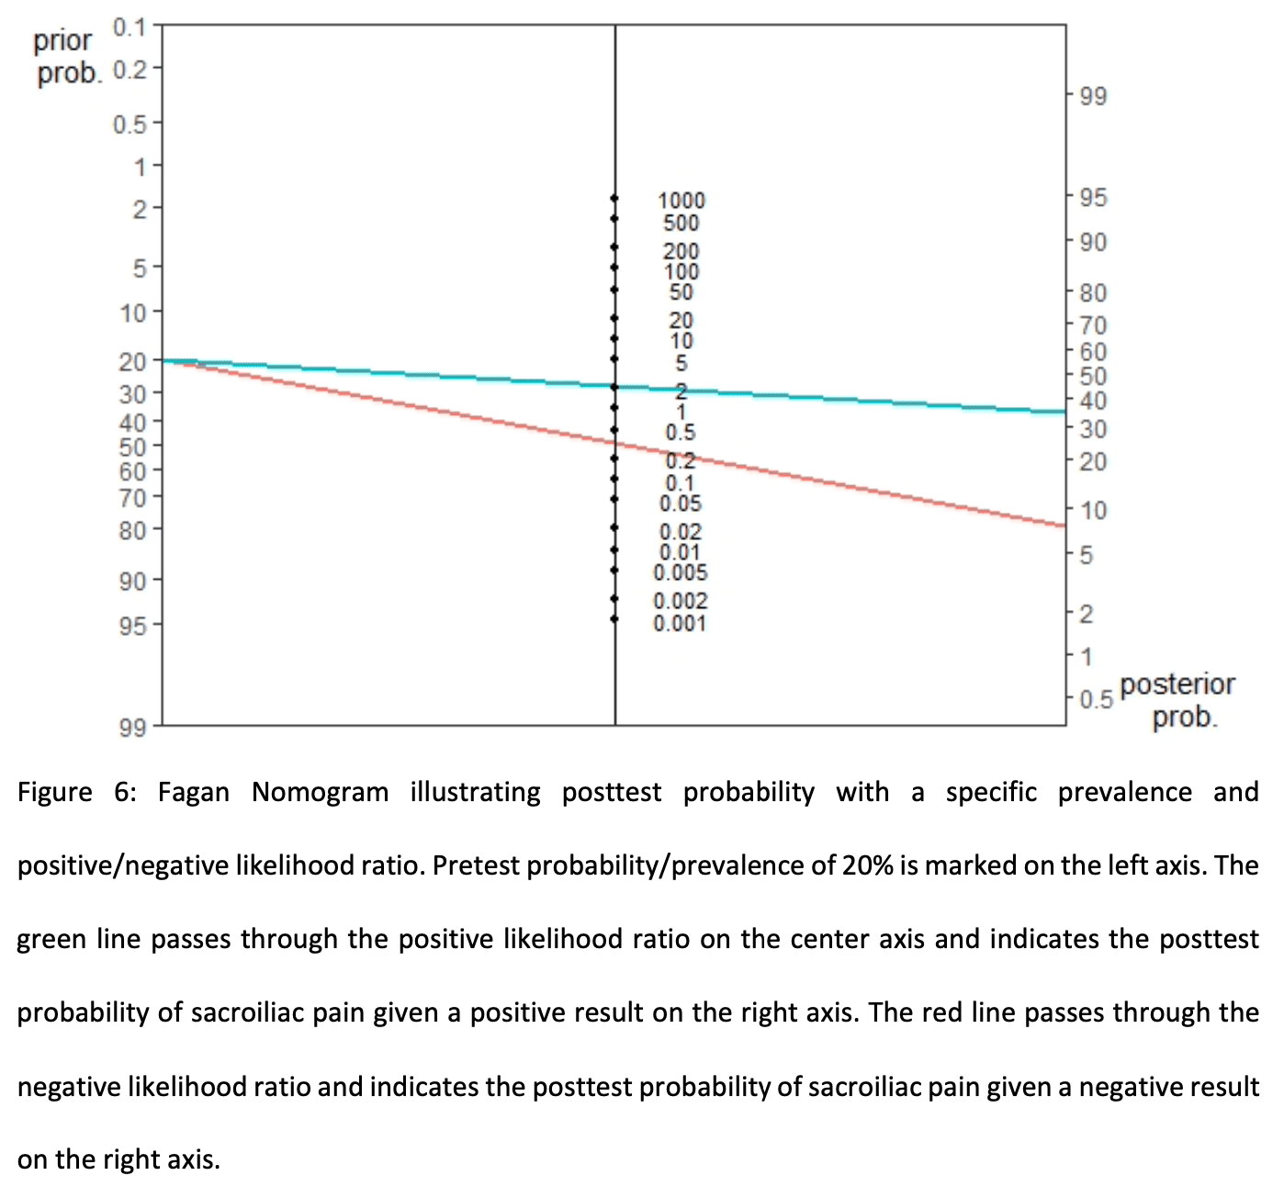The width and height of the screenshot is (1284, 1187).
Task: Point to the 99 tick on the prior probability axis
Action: pos(133,728)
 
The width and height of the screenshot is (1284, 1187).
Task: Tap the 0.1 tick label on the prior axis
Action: pos(130,27)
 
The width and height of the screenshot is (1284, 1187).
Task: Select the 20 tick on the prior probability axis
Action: pos(133,361)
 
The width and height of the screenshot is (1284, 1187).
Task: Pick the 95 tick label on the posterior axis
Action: pos(1093,198)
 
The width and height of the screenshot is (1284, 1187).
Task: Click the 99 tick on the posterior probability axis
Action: pos(1093,96)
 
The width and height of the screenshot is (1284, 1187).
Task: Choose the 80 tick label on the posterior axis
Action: pos(1093,293)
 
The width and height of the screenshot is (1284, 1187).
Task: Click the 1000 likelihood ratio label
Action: pos(681,200)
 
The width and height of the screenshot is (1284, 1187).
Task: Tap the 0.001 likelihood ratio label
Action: pos(680,624)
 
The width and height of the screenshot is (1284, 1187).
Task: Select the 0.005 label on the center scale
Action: pos(681,573)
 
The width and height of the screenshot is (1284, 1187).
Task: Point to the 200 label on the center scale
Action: pos(681,251)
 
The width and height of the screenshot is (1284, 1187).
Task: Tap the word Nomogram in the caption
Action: pos(320,792)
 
